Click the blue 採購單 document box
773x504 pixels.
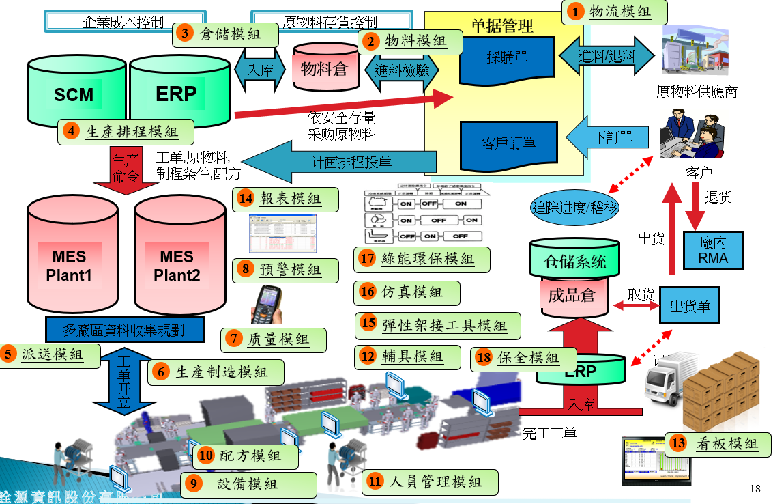(508, 59)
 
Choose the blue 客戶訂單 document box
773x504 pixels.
(508, 143)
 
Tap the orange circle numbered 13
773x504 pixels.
(677, 443)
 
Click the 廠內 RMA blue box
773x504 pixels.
(713, 251)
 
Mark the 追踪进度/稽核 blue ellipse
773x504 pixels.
(574, 207)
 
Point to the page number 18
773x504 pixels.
(755, 488)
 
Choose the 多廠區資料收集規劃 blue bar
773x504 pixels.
(124, 329)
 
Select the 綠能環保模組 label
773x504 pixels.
(423, 259)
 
